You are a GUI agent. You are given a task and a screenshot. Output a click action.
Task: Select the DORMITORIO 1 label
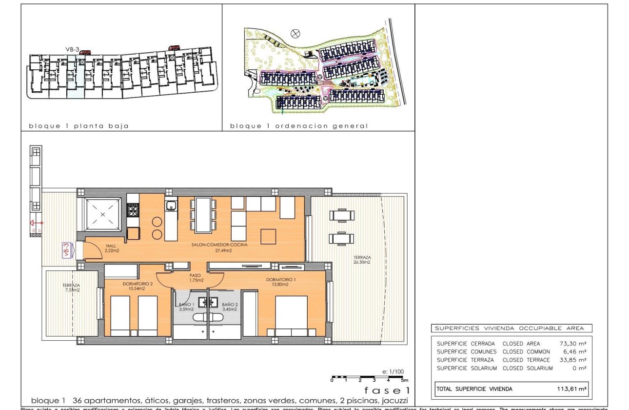(x=281, y=280)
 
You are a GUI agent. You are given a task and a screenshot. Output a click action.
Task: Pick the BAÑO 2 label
(x=230, y=304)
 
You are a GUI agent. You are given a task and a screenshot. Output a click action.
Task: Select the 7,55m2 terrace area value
(x=71, y=290)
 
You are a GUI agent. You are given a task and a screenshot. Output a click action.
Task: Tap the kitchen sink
(x=170, y=206)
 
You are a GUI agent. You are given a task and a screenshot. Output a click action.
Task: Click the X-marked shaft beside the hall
(x=103, y=214)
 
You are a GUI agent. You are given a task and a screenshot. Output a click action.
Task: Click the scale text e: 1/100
(x=393, y=371)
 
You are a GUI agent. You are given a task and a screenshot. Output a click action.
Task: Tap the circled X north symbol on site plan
(x=295, y=33)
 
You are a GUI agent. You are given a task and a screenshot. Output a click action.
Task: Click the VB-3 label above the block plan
(x=72, y=49)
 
